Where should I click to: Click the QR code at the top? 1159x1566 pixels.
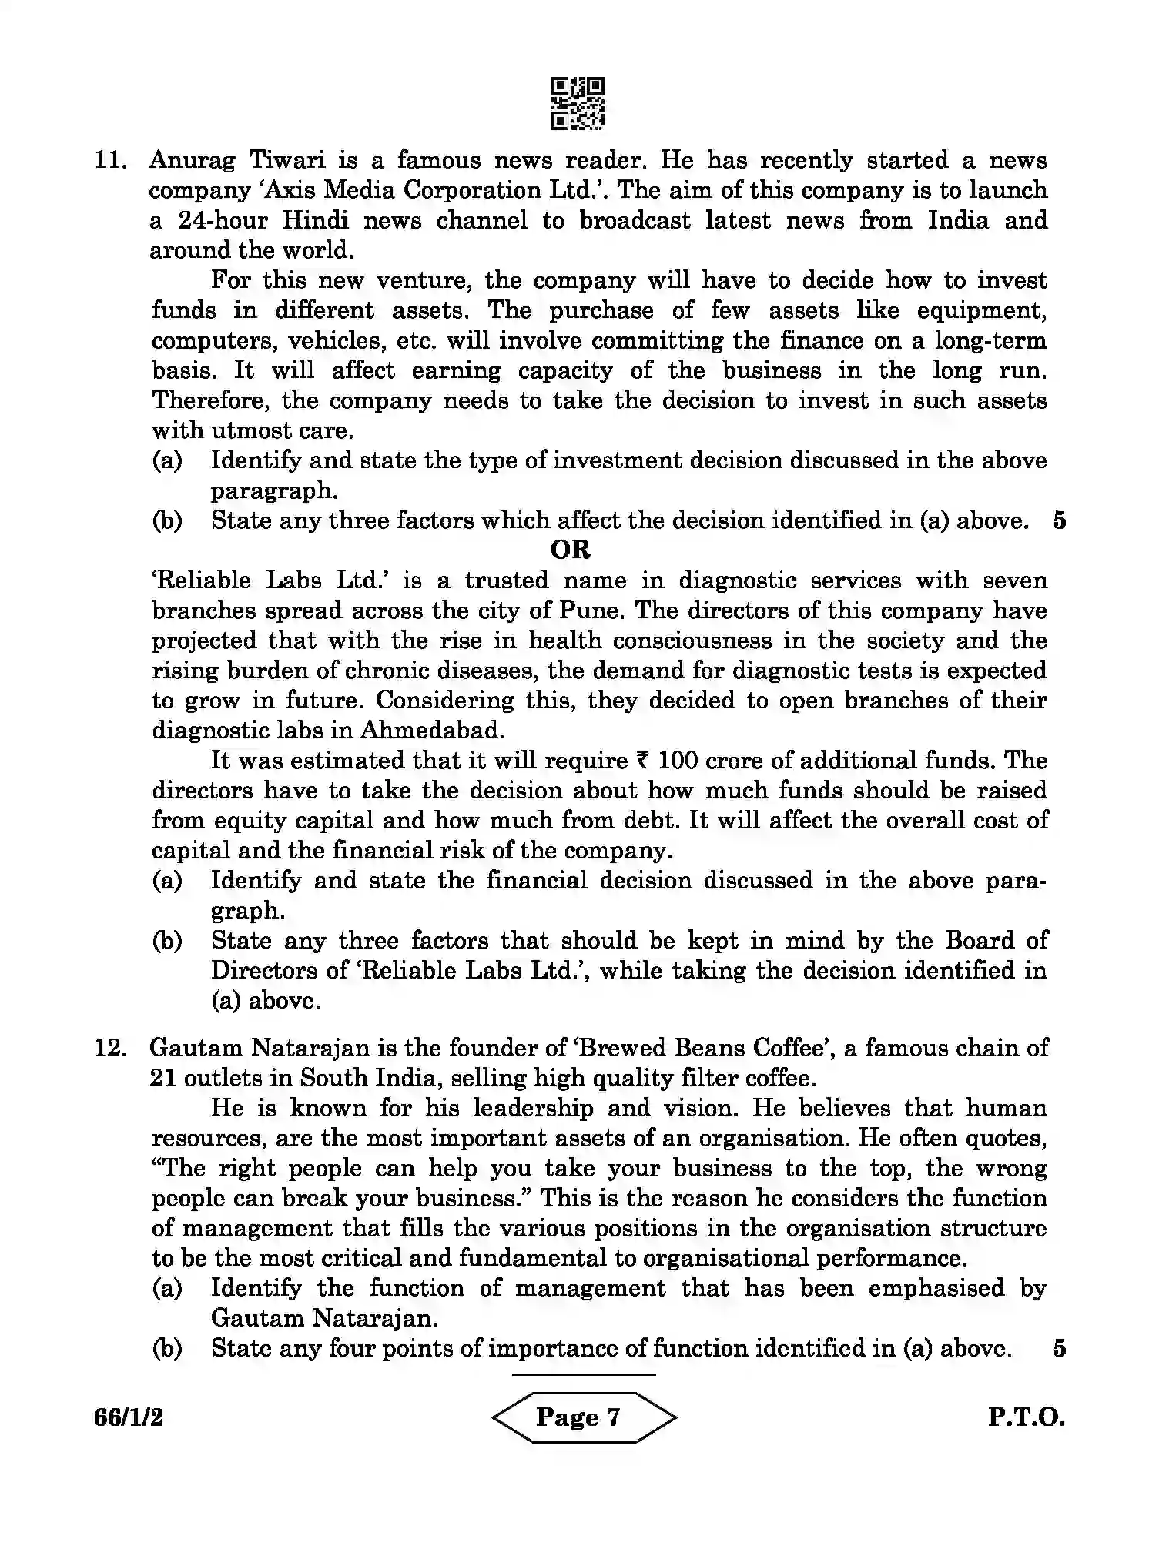click(x=578, y=102)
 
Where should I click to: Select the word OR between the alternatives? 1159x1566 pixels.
click(x=571, y=550)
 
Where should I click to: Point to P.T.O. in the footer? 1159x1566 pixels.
click(x=1026, y=1417)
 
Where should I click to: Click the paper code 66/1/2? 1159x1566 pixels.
click(x=129, y=1417)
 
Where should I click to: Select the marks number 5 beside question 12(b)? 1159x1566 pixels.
click(x=1059, y=1348)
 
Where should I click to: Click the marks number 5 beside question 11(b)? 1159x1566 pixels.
click(x=1059, y=520)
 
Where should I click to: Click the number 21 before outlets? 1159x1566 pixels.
click(x=163, y=1078)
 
